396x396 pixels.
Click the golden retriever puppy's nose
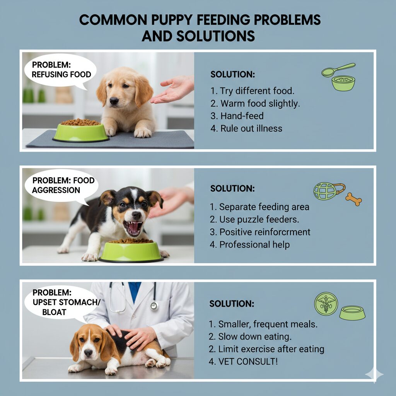click(x=114, y=101)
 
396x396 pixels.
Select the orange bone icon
click(x=353, y=199)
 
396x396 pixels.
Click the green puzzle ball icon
click(x=324, y=191)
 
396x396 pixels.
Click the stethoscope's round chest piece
click(x=154, y=306)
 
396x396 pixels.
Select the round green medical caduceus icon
click(x=326, y=304)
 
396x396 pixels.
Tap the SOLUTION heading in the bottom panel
click(x=232, y=304)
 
